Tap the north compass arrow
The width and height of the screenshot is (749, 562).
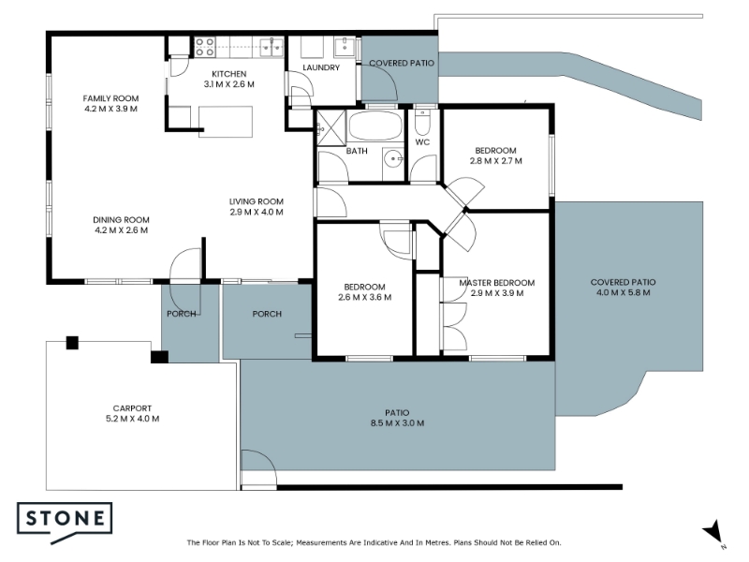[x=712, y=531]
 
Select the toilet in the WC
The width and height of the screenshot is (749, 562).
[x=422, y=122]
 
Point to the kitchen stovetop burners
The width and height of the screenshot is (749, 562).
[x=204, y=48]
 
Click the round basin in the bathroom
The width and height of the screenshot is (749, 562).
[x=394, y=158]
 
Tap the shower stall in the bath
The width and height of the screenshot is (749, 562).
[x=330, y=127]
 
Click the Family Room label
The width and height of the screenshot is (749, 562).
[x=110, y=98]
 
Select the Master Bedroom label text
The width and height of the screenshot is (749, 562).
[x=497, y=283]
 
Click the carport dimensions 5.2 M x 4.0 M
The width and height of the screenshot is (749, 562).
[x=132, y=419]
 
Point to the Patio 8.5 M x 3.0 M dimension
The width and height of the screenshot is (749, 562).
[x=397, y=423]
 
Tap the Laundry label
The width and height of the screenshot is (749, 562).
[x=321, y=67]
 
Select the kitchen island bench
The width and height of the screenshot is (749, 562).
[x=226, y=122]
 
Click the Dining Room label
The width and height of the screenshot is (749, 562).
[x=122, y=220]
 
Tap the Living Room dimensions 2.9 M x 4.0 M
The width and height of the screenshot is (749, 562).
[x=257, y=213]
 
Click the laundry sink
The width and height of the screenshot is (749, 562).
[x=345, y=47]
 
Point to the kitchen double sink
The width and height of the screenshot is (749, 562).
[x=272, y=48]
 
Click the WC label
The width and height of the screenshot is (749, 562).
[x=422, y=142]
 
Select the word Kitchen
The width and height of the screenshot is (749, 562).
[x=229, y=74]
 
